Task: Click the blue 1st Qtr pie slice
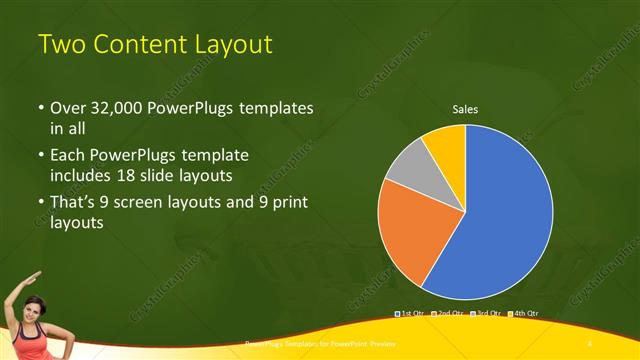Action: (505, 215)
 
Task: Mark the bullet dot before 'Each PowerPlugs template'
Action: (40, 156)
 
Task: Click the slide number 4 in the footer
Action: (590, 343)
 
